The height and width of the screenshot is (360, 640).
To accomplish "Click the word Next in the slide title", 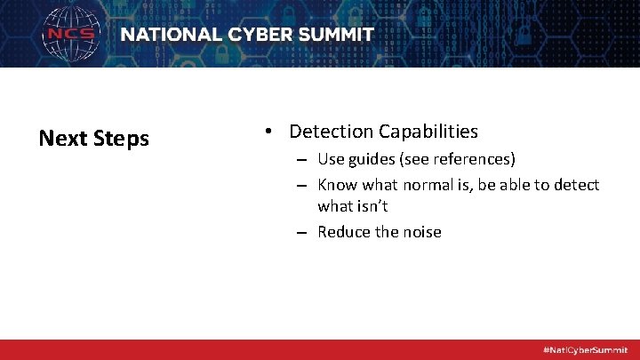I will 62,139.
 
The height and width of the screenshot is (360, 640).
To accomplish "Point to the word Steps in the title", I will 121,140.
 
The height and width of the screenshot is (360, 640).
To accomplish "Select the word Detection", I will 332,132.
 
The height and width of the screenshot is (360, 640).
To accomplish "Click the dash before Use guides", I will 303,161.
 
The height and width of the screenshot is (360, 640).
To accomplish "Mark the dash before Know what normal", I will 303,186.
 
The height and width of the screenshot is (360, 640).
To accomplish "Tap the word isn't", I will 372,206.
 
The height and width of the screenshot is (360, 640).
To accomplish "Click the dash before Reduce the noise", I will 303,233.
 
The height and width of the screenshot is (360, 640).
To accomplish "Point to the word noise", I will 420,232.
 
